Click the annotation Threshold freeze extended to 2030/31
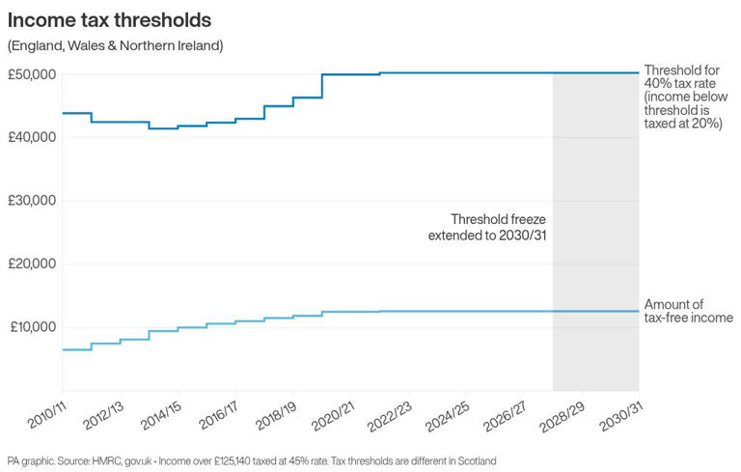click(489, 226)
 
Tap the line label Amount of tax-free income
click(688, 311)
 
